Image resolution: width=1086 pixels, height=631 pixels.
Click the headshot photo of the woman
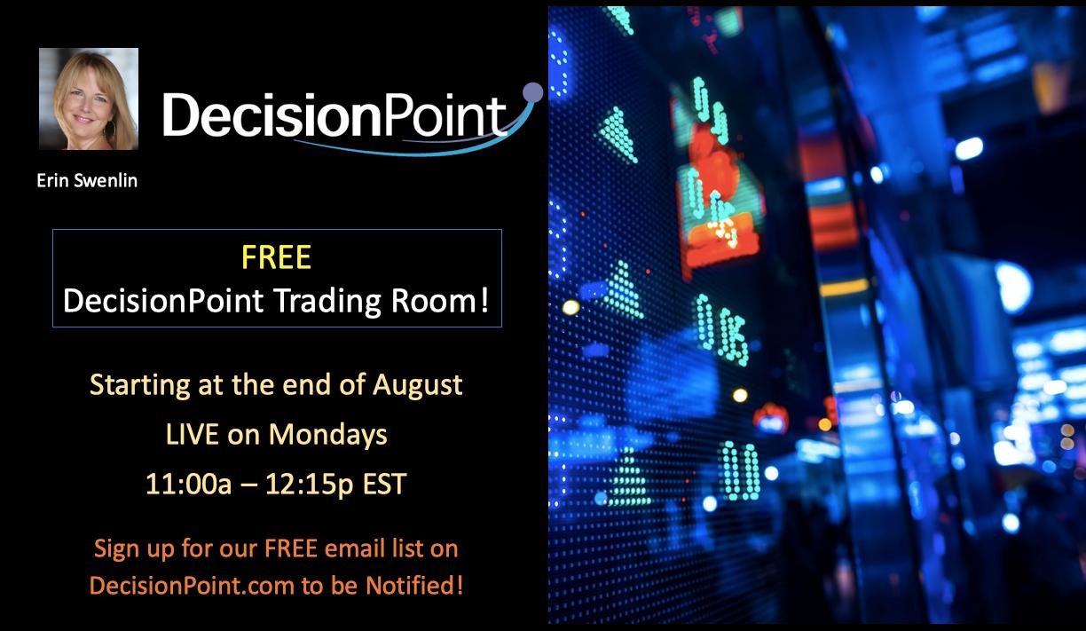[x=89, y=99]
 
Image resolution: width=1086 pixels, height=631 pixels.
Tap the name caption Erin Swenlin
[x=87, y=181]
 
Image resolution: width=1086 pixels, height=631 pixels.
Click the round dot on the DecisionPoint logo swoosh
[x=533, y=91]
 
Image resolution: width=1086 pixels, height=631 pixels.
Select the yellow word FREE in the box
[x=276, y=257]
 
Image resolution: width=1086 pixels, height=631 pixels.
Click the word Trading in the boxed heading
[x=328, y=302]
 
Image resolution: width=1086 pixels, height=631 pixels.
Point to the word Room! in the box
[x=440, y=301]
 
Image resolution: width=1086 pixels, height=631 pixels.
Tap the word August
[x=417, y=385]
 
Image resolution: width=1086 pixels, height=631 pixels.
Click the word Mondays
[x=327, y=435]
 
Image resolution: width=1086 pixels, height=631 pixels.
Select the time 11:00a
[x=189, y=484]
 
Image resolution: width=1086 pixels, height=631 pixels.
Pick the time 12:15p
[x=310, y=485]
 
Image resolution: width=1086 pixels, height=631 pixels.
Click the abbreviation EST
[x=384, y=484]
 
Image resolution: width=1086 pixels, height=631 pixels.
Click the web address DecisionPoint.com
[x=192, y=586]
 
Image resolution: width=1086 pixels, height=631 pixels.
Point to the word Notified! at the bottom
[x=414, y=585]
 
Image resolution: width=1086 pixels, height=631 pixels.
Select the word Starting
[x=140, y=386]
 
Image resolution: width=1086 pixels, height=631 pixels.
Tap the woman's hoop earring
[x=111, y=129]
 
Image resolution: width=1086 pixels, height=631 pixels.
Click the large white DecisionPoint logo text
[x=334, y=115]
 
